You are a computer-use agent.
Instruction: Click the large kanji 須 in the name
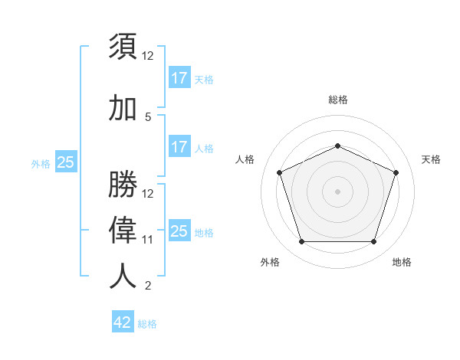click(123, 47)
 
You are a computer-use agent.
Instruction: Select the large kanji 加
click(123, 109)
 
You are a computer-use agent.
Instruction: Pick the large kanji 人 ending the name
click(123, 276)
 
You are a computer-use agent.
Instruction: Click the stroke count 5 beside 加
click(148, 117)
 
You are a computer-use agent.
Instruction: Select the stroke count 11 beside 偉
click(148, 239)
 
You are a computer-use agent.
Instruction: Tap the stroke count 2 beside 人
click(148, 286)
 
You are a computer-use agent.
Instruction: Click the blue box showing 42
click(123, 322)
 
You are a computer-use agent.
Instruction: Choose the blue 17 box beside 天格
click(179, 78)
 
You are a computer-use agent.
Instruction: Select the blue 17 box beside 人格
click(179, 147)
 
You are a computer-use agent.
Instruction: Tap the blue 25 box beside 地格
click(179, 231)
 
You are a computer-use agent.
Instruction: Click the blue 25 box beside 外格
click(66, 162)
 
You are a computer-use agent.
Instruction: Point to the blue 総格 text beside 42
click(147, 324)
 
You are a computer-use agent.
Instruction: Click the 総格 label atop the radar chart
click(337, 100)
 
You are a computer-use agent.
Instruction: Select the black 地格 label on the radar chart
click(402, 263)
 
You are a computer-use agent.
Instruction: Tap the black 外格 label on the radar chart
click(270, 263)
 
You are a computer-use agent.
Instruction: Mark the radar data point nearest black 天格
click(396, 172)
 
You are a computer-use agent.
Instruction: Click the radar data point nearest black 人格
click(280, 172)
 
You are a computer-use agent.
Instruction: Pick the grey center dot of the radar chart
click(337, 191)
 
